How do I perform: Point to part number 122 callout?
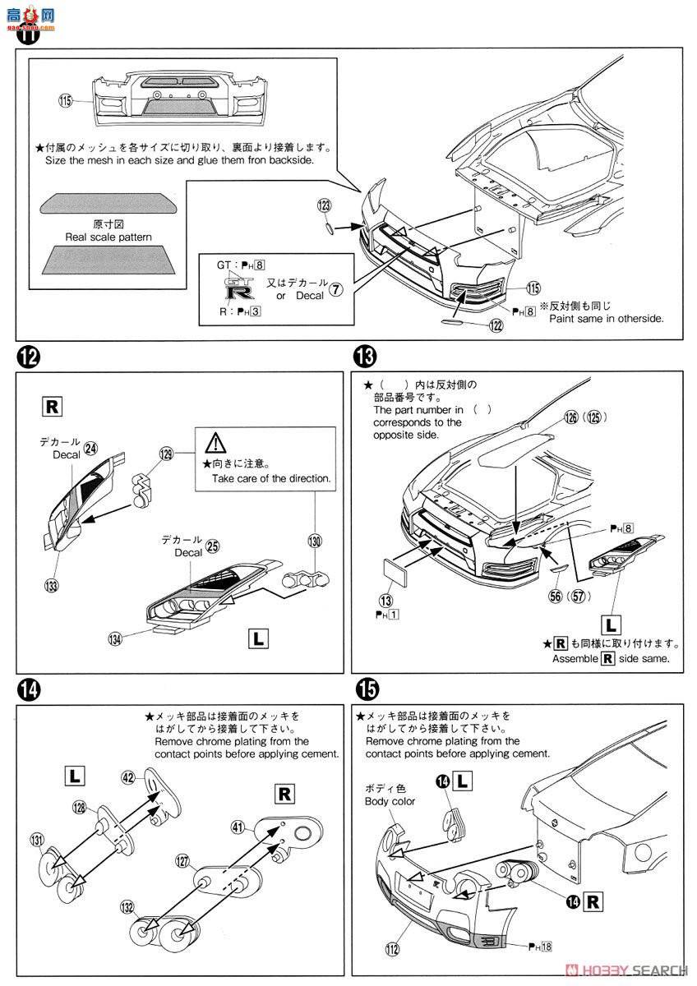496,325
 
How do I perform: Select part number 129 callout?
167,453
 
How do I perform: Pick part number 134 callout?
115,638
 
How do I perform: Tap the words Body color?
391,800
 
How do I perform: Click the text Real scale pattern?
108,237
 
